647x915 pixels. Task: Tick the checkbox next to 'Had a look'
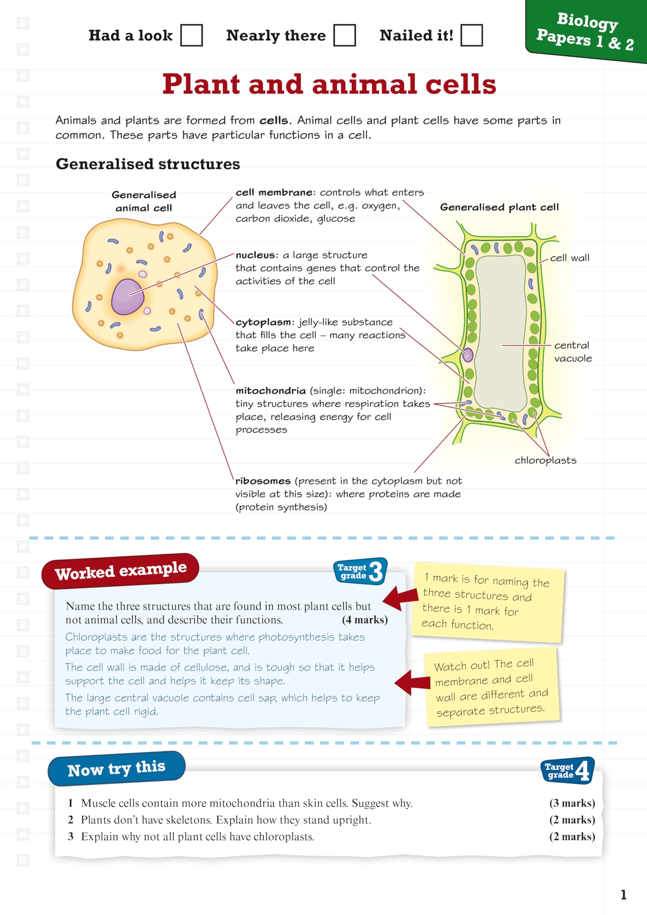(191, 35)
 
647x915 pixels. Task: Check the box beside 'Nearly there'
(345, 35)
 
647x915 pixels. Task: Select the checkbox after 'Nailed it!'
(471, 35)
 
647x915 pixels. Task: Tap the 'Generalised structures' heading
(148, 164)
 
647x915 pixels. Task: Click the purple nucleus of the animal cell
(128, 297)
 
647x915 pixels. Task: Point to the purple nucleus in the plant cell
(468, 355)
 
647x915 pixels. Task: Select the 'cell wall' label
(569, 258)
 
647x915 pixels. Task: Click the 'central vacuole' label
(572, 351)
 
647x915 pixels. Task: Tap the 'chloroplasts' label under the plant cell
(545, 460)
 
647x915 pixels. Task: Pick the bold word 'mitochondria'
(271, 391)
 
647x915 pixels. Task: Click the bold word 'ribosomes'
(263, 481)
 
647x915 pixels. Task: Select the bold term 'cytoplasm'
(263, 322)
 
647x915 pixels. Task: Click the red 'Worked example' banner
(120, 571)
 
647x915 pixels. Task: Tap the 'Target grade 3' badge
(360, 571)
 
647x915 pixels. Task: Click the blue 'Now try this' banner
(117, 769)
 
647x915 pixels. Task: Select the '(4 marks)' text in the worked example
(365, 620)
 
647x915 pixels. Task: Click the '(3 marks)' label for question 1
(572, 803)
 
